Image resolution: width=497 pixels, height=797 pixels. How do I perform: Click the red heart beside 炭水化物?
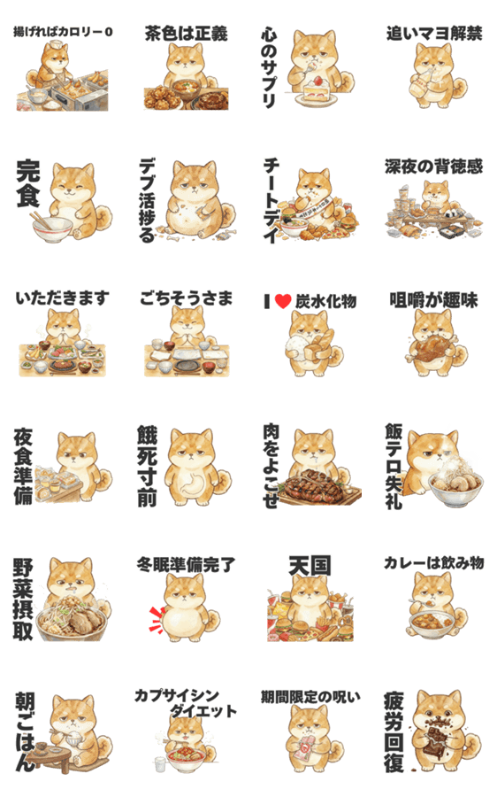[x=283, y=301]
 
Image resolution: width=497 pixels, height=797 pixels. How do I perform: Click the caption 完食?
[x=28, y=184]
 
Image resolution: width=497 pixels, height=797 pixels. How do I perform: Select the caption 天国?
[x=310, y=566]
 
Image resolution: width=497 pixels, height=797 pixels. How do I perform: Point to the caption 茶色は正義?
[x=186, y=34]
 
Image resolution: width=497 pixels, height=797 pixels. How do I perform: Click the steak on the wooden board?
[x=315, y=484]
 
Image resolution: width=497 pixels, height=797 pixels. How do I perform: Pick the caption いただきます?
[x=62, y=298]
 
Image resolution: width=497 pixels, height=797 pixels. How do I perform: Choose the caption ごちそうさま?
[x=186, y=298]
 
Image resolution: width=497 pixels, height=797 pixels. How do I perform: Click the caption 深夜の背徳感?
[x=433, y=166]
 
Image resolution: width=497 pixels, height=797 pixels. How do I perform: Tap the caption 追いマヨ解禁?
[x=434, y=34]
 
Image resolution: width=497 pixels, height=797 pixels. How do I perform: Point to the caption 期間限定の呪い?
[x=310, y=696]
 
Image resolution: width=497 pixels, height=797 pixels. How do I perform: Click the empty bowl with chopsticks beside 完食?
[x=52, y=229]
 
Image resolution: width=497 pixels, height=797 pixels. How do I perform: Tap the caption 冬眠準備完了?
[x=186, y=565]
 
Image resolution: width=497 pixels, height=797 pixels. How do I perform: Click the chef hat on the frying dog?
[x=57, y=46]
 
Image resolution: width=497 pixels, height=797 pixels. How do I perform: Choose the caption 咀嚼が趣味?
[x=433, y=300]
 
